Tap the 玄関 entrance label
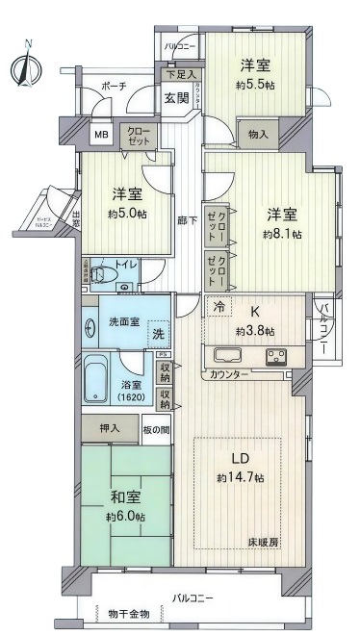tap(175, 97)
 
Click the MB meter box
tap(101, 135)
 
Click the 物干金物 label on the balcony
tap(129, 613)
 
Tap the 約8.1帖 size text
tap(283, 234)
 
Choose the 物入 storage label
tap(257, 136)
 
